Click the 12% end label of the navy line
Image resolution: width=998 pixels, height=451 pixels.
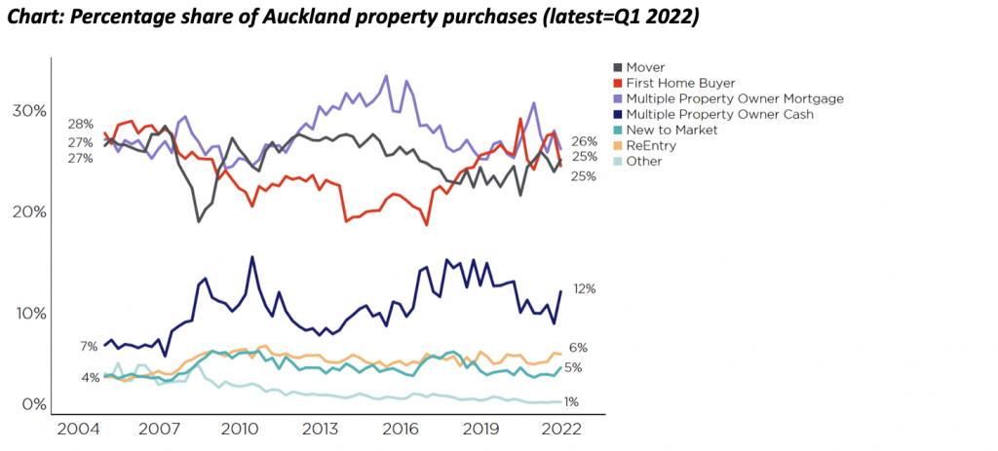pyautogui.click(x=584, y=289)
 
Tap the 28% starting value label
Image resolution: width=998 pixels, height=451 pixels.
pyautogui.click(x=81, y=124)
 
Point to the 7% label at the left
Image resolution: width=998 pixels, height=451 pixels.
pyautogui.click(x=89, y=347)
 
